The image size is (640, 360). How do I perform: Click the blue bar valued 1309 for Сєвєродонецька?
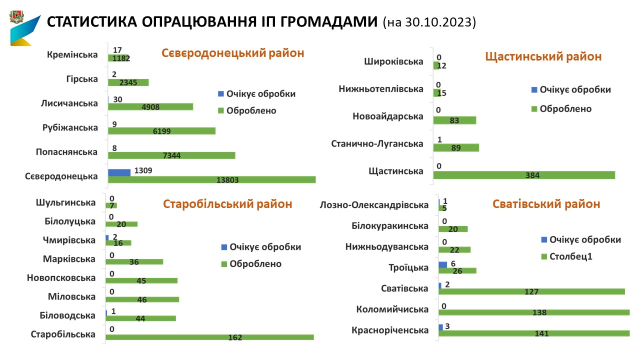click(x=119, y=172)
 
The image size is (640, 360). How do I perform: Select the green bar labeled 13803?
click(x=211, y=179)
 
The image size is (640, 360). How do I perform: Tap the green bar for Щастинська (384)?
click(x=523, y=175)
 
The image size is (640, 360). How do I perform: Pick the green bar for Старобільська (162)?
click(x=209, y=337)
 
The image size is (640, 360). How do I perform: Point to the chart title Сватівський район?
click(x=546, y=204)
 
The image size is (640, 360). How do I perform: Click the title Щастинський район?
click(x=543, y=56)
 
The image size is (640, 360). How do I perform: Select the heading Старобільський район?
click(x=227, y=204)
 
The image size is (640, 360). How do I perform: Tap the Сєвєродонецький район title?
click(x=232, y=53)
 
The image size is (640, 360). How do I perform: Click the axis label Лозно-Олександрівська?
click(x=374, y=205)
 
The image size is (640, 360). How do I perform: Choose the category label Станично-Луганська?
click(x=377, y=144)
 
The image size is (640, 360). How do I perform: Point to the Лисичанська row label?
click(x=69, y=103)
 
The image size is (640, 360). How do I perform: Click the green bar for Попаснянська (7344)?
click(x=171, y=155)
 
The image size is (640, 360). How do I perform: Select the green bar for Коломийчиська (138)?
click(x=533, y=312)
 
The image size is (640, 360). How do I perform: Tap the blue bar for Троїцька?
click(x=442, y=264)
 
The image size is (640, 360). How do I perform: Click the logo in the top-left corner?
click(x=24, y=28)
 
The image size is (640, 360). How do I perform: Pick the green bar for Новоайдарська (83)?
click(x=454, y=120)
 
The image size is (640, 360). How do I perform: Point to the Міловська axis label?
click(x=71, y=296)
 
